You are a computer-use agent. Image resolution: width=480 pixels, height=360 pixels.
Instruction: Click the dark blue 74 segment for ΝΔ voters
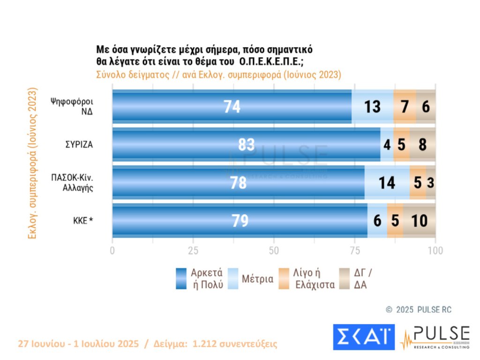coord(232,106)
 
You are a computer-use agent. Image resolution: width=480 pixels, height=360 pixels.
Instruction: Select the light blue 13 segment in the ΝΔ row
coord(372,106)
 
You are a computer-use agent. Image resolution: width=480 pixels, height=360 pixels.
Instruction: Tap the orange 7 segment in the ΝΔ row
coord(405,106)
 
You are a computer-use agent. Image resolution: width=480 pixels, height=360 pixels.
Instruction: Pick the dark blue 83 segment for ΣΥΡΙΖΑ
coord(246,144)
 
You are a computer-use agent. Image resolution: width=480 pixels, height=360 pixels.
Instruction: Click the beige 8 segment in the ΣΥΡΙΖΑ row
coord(423,144)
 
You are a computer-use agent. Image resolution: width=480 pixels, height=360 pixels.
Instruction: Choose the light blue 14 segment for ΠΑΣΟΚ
coord(387,182)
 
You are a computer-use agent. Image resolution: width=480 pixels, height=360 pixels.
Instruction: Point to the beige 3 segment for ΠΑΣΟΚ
coord(431,182)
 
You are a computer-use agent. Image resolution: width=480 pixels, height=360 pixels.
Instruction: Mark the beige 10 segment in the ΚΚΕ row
coord(420,220)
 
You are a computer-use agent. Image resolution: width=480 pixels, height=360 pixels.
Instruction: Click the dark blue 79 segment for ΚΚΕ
coord(240,220)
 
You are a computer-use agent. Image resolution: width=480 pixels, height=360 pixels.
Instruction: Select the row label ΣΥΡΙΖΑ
coord(79,144)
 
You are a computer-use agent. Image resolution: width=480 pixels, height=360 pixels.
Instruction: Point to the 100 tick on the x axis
coord(435,250)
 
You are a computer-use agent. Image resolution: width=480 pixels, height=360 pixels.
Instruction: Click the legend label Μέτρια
coord(258,279)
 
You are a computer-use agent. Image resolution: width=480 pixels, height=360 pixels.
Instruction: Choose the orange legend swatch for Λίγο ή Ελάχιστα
coord(284,278)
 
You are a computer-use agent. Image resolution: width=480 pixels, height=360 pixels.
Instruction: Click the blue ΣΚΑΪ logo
coord(364,337)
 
